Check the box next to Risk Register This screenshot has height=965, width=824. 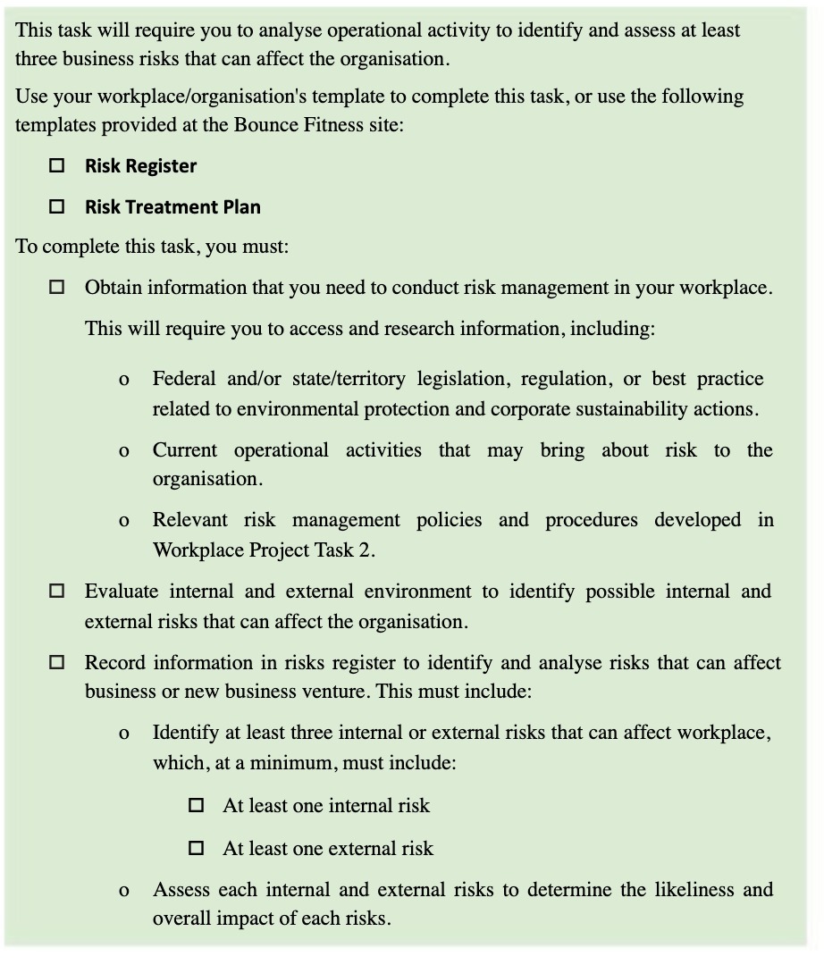pyautogui.click(x=57, y=165)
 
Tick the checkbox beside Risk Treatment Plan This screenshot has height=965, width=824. pyautogui.click(x=57, y=206)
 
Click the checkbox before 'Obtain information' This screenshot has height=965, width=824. pyautogui.click(x=57, y=288)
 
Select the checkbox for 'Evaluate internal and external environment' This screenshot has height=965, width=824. pyautogui.click(x=57, y=591)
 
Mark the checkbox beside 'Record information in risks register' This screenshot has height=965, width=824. pyautogui.click(x=57, y=662)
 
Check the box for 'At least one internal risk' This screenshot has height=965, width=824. pyautogui.click(x=197, y=805)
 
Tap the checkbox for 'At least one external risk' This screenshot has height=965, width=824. pyautogui.click(x=197, y=848)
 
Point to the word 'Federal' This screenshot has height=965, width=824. pyautogui.click(x=185, y=378)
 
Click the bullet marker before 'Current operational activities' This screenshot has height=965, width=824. pyautogui.click(x=123, y=450)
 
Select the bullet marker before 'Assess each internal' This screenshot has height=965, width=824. pyautogui.click(x=123, y=890)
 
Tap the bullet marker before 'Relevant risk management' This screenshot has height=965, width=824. pyautogui.click(x=123, y=521)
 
